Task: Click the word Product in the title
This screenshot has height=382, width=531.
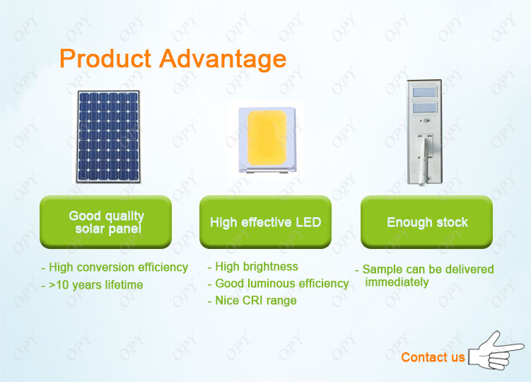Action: tap(105, 58)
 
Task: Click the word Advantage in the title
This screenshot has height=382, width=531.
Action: tap(223, 59)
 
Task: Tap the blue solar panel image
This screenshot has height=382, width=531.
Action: tap(108, 137)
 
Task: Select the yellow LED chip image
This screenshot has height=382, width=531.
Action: tap(267, 140)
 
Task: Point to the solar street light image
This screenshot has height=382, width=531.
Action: tap(425, 132)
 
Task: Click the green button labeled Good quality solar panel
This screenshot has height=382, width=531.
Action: tap(105, 222)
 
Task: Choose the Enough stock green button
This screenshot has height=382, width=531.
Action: tap(426, 222)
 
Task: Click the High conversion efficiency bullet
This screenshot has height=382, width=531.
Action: tap(115, 267)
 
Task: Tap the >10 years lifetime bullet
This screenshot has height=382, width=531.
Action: tap(92, 284)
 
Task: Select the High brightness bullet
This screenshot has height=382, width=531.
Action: tap(253, 267)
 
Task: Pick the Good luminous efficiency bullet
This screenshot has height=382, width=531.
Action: tap(279, 284)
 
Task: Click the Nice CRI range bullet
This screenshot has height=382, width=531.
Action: tap(252, 301)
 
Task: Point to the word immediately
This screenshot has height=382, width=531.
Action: tap(397, 282)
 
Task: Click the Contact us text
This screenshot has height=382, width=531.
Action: tap(433, 357)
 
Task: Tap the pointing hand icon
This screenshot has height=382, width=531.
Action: tap(496, 352)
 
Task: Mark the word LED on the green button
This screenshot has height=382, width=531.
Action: tap(308, 222)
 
